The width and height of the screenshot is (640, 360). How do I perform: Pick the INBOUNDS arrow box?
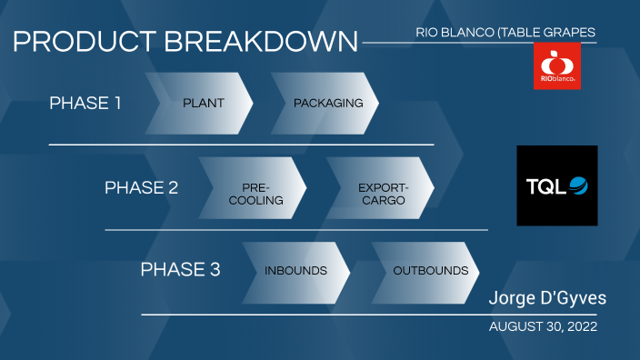[295, 271]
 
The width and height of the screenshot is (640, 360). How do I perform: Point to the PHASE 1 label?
[85, 103]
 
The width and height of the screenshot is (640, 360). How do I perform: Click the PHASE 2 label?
[141, 187]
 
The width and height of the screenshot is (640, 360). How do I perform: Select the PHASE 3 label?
[180, 270]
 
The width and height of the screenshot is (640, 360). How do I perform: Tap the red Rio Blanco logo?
[556, 66]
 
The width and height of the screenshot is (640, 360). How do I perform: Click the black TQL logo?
[556, 185]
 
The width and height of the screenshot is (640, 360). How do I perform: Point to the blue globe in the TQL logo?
[578, 186]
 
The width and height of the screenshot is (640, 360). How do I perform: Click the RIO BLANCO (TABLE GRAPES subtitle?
[505, 33]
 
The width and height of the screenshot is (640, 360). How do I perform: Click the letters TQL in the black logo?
[546, 186]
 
